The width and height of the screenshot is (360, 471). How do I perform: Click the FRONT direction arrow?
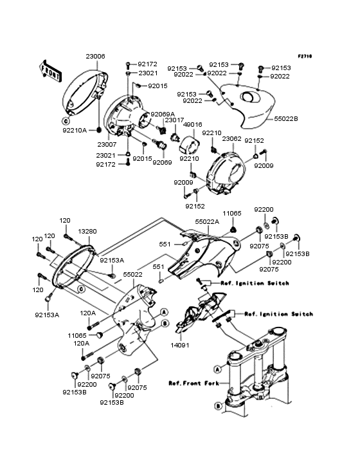50,71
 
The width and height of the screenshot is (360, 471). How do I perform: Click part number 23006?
95,56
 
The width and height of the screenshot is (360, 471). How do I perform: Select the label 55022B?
286,118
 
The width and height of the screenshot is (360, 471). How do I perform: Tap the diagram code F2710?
305,56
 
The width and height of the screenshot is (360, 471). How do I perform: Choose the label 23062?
231,139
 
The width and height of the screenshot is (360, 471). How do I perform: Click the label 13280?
87,231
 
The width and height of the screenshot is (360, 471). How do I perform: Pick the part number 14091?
180,345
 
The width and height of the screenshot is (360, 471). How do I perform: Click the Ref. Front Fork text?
194,383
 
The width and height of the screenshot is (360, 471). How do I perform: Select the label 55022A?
207,222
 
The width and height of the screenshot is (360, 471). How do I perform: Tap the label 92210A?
75,131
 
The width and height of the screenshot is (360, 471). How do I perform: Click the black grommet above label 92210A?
99,130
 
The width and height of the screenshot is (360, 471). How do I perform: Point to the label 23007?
107,145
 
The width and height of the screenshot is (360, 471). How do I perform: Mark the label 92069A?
163,114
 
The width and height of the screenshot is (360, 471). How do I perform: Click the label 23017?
174,120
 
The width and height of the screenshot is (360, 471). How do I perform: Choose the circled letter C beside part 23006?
66,120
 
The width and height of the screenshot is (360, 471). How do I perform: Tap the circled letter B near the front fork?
219,406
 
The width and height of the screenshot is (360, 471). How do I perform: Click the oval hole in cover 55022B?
249,97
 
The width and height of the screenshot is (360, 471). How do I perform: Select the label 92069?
162,163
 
